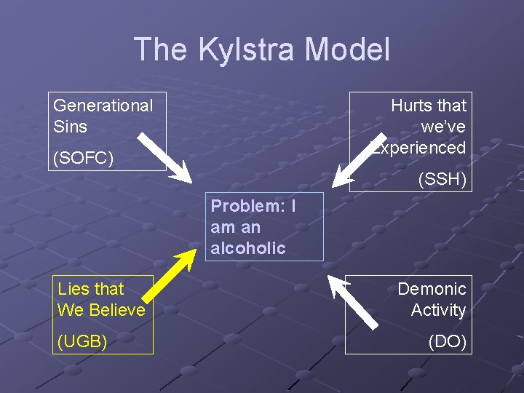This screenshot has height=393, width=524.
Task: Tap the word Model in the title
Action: pyautogui.click(x=348, y=50)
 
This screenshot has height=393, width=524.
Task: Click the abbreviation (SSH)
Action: pyautogui.click(x=442, y=179)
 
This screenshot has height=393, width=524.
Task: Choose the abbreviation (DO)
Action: pyautogui.click(x=448, y=341)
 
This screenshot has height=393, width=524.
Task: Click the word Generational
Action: pyautogui.click(x=103, y=106)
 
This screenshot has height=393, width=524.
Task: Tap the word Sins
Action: pyautogui.click(x=70, y=127)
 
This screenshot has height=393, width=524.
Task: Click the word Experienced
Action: pyautogui.click(x=420, y=148)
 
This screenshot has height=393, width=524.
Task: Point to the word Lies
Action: pyautogui.click(x=72, y=289)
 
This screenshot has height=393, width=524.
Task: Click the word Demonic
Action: pyautogui.click(x=432, y=289)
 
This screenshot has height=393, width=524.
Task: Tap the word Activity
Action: pyautogui.click(x=438, y=310)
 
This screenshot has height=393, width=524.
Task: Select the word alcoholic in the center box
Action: pyautogui.click(x=248, y=248)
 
